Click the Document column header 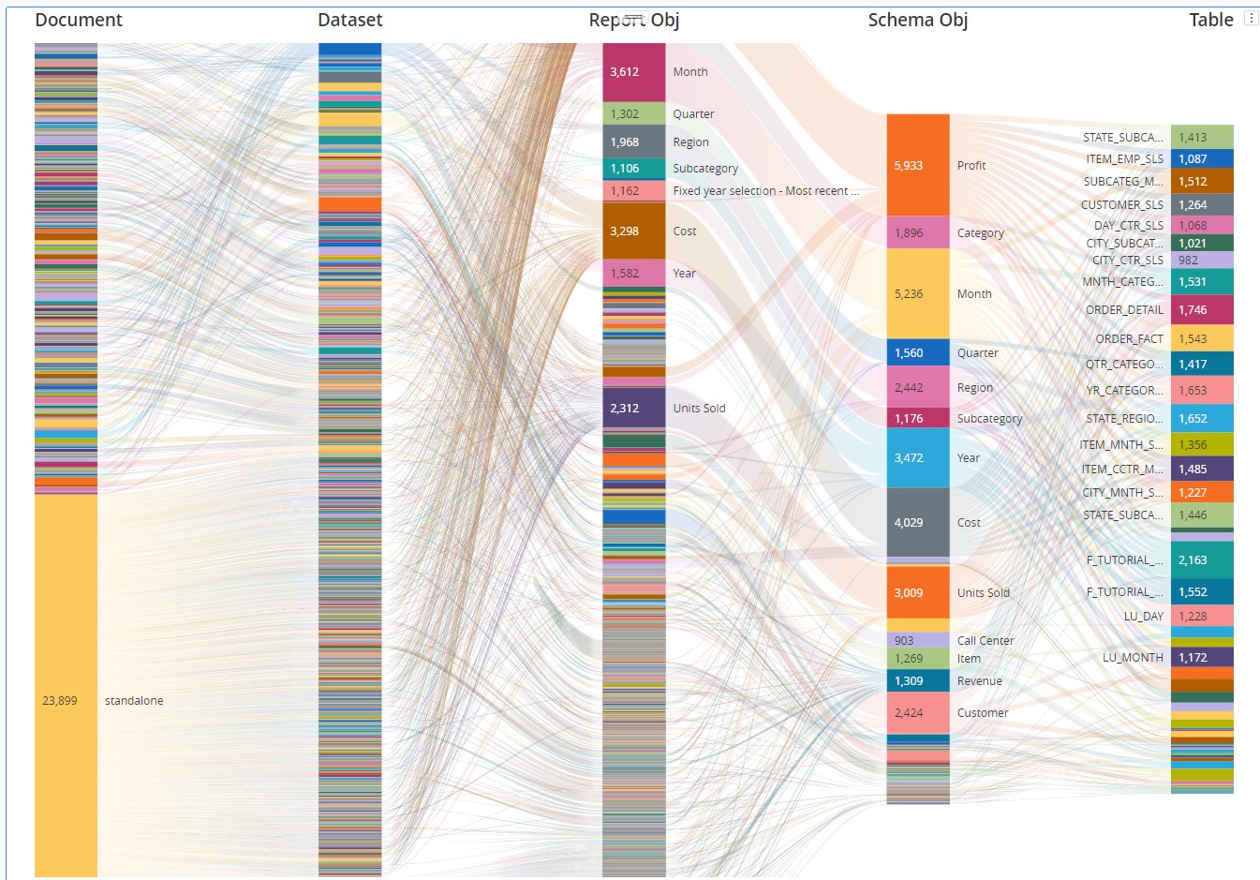(x=79, y=20)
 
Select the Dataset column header (x=349, y=20)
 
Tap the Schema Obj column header (x=917, y=20)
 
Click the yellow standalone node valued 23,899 (x=66, y=684)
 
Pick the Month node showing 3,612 (x=633, y=72)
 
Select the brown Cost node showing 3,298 (x=633, y=231)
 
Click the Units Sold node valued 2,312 (x=633, y=408)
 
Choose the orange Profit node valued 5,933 (x=917, y=165)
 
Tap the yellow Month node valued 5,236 (x=917, y=293)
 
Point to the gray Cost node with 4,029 (x=917, y=522)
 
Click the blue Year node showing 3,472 (x=917, y=457)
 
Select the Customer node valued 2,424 (x=917, y=712)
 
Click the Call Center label (x=986, y=641)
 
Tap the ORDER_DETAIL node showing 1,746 (x=1202, y=309)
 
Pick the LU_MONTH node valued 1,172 (x=1202, y=657)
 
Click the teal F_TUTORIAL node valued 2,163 (x=1202, y=559)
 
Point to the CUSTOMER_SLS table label (x=1121, y=204)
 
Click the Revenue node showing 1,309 (x=917, y=681)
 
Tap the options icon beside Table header (x=1251, y=19)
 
